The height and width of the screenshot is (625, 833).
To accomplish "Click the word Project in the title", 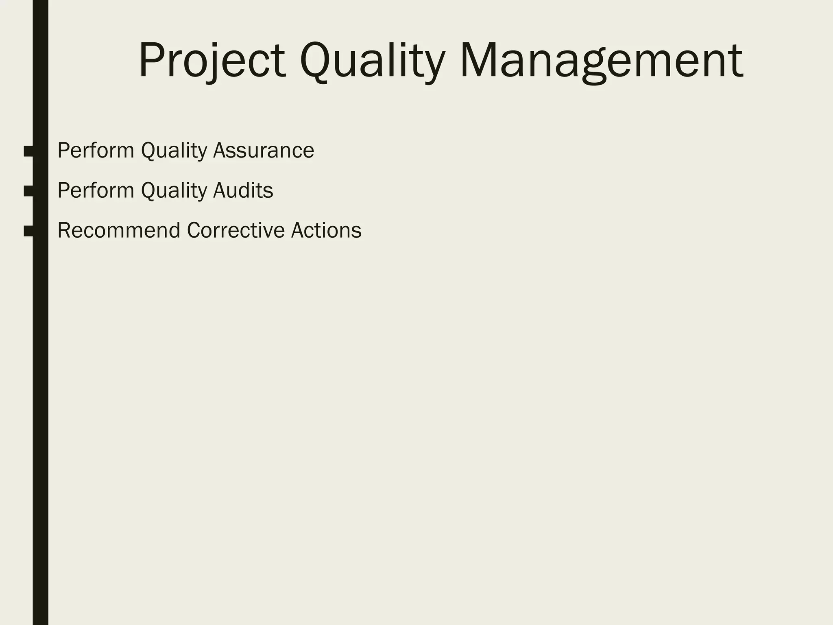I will coord(212,61).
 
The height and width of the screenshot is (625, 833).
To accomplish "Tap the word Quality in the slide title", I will coord(372,61).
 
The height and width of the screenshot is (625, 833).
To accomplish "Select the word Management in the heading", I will coord(602,61).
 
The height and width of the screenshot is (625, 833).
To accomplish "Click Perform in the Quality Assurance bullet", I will coord(96,151).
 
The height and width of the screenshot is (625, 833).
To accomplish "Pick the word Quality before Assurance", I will coord(174,151).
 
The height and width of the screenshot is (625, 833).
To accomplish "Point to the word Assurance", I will coord(264,151).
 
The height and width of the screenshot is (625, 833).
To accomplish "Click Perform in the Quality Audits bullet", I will coord(96,190).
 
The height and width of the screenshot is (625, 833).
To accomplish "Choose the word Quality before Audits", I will coord(174,190).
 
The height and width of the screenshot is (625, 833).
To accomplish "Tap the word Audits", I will coord(243,190).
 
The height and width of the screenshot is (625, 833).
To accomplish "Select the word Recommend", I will coord(119,230).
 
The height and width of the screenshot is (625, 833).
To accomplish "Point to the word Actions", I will coord(326,230).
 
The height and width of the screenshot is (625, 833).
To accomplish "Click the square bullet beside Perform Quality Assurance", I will coord(29,151).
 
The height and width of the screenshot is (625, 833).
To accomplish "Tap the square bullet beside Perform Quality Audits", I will coord(29,191).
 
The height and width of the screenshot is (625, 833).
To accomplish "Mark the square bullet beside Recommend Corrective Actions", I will coord(29,231).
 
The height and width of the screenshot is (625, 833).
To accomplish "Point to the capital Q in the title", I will coord(317,61).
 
